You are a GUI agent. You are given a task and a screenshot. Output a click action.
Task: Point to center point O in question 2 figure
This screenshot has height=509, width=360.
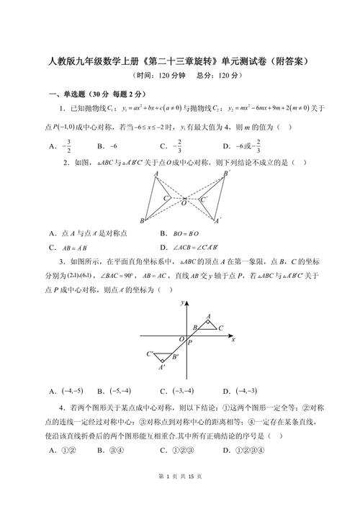(184, 203)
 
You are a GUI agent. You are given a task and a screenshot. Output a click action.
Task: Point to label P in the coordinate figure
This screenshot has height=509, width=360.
(189, 343)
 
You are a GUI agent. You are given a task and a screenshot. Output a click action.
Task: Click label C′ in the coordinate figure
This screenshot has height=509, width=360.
(150, 353)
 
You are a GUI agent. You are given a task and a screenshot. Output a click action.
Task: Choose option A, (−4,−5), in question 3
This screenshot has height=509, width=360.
(66, 391)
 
